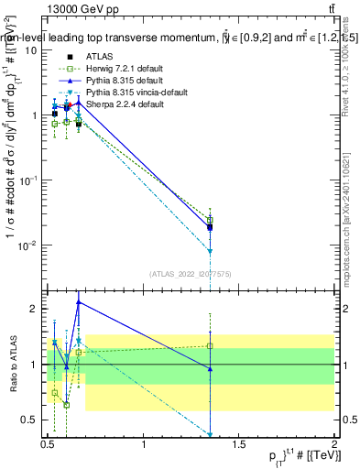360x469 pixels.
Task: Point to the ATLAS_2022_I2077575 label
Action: point(191,271)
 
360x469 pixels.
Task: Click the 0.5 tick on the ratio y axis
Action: point(31,420)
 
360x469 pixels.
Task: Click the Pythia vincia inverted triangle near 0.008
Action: point(211,251)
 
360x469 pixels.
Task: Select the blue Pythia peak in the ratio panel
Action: point(78,301)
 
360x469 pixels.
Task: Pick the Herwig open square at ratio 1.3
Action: point(211,346)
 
